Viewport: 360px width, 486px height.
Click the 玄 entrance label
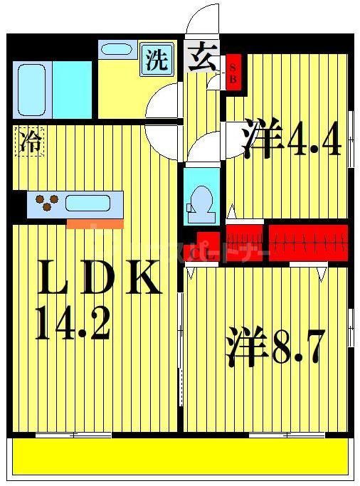204,55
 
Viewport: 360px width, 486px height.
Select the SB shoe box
233,71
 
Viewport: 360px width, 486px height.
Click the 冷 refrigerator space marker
28,142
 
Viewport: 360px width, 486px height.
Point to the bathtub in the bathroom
32,89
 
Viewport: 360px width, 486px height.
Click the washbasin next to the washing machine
115,50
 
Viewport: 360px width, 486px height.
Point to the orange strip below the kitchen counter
95,223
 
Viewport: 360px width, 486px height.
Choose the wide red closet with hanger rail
308,242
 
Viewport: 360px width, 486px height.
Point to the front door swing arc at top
205,18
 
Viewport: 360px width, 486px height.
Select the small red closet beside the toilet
207,243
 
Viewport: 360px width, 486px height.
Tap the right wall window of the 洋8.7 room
351,327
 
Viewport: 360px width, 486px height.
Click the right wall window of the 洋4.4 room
351,139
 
